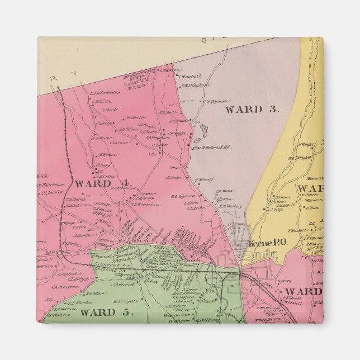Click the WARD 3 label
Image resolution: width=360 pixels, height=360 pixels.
(x=251, y=109)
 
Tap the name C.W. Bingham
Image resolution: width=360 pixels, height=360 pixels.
(x=195, y=86)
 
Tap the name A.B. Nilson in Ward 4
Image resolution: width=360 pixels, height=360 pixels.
(x=127, y=129)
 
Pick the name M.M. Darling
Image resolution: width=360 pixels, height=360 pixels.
(x=230, y=206)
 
